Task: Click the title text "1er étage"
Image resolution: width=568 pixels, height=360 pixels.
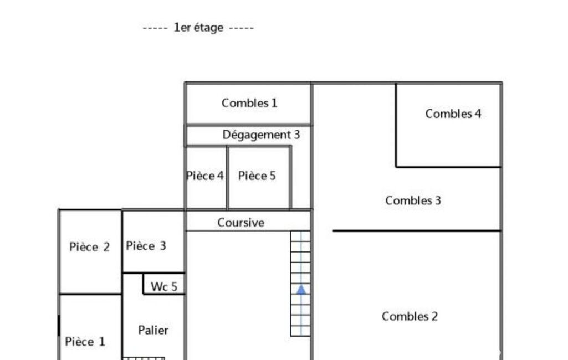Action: [x=198, y=28]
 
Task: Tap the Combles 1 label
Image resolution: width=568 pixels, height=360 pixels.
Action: [x=249, y=103]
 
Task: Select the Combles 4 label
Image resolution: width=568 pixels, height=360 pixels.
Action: [x=453, y=114]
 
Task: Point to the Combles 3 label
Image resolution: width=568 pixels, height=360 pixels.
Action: [x=413, y=200]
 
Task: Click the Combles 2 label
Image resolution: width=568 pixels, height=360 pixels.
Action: [x=410, y=317]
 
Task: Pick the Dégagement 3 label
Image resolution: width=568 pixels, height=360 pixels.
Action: [x=261, y=135]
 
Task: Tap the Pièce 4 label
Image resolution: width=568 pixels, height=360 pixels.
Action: [x=204, y=176]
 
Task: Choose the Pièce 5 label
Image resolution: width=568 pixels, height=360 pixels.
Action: [x=257, y=176]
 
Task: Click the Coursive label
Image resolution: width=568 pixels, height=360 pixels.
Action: [x=241, y=223]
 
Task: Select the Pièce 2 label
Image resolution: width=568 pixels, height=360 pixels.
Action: [x=89, y=247]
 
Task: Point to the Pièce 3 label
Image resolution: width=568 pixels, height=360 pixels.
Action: [x=146, y=246]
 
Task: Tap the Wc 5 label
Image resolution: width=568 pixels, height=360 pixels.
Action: [x=164, y=287]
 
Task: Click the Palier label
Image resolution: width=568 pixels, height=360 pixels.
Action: [x=153, y=330]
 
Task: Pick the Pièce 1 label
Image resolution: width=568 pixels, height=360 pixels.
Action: [x=85, y=342]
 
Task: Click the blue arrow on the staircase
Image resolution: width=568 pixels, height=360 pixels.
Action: [x=301, y=289]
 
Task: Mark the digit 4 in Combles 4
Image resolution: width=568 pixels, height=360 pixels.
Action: [x=478, y=114]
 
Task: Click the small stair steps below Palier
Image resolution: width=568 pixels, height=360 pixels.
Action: [x=144, y=358]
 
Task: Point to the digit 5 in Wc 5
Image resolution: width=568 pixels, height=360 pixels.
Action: [x=174, y=287]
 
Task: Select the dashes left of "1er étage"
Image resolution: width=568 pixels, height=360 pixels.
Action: [x=155, y=28]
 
